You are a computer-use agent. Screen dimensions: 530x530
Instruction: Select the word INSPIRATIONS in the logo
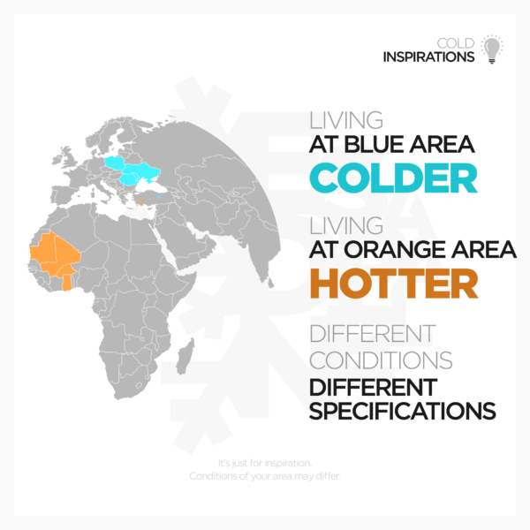click(428, 57)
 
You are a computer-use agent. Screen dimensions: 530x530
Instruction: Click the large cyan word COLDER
click(393, 178)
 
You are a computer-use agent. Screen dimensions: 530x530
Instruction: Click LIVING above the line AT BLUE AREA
click(346, 121)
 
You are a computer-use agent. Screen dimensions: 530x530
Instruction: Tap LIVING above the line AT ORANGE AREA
click(346, 225)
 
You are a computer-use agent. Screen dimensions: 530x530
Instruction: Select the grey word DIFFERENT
click(373, 335)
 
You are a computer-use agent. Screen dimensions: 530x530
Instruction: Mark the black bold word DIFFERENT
click(373, 386)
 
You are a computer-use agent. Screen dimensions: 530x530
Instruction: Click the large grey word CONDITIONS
click(381, 360)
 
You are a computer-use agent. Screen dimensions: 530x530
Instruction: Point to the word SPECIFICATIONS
click(402, 411)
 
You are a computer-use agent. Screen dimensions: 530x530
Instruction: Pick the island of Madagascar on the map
click(186, 360)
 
